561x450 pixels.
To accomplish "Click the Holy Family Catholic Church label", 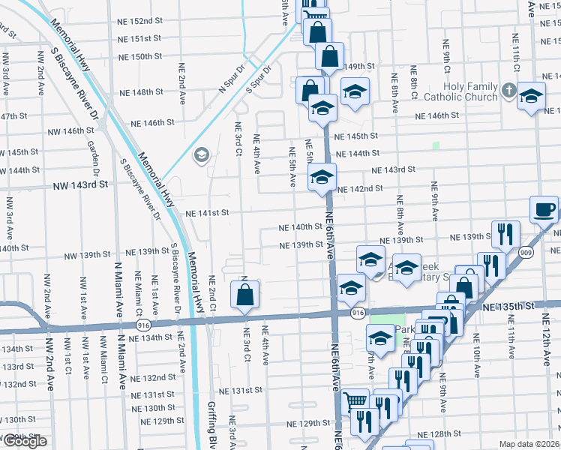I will [x=460, y=91].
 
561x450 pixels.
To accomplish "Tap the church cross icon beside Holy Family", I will [x=508, y=91].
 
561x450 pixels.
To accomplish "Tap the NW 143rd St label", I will [x=81, y=184].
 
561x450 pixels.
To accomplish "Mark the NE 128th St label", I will [x=439, y=434].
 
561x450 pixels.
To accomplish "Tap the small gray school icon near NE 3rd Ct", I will [x=200, y=156].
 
